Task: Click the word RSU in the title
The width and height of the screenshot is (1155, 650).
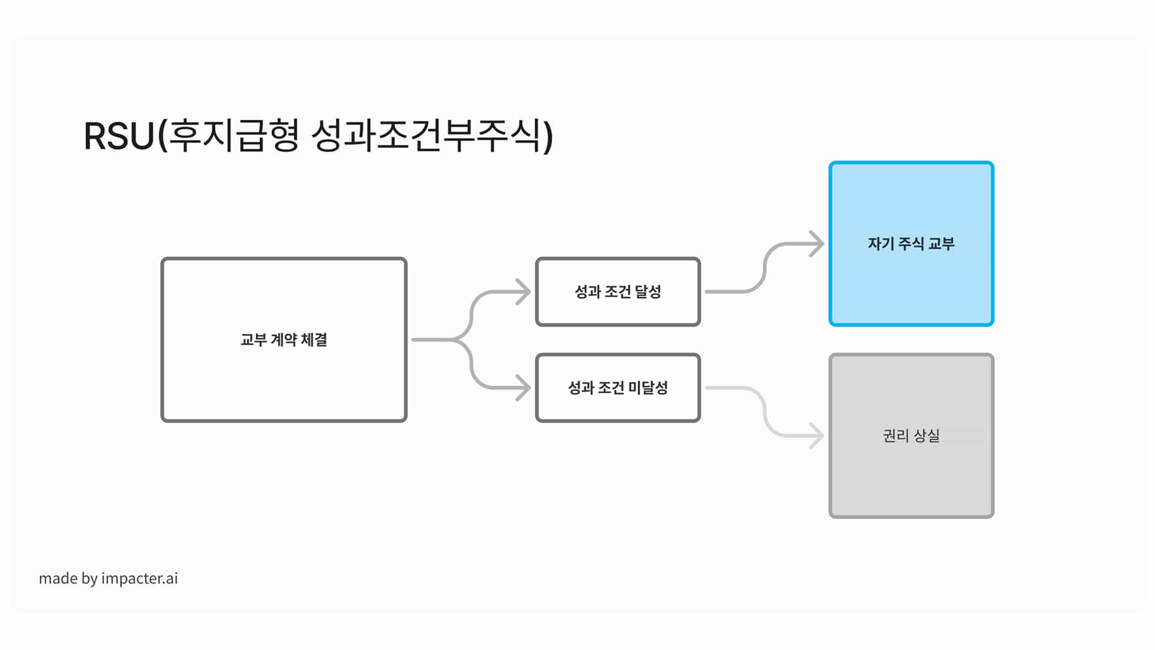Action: coord(119,136)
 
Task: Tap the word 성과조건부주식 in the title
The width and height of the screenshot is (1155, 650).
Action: coord(427,136)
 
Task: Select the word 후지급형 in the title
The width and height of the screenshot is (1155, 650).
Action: coord(233,136)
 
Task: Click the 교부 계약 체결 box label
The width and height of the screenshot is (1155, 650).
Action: coord(284,340)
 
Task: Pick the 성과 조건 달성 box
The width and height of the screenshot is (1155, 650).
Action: coord(618,292)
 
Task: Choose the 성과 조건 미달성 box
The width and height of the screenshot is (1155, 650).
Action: coord(618,388)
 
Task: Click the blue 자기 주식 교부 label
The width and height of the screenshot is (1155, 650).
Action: coord(911,244)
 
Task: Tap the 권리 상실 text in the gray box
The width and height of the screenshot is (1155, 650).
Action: coord(911,436)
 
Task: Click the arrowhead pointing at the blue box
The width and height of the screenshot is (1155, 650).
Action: coord(818,244)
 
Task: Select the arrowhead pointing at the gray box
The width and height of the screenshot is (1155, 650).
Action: coord(818,436)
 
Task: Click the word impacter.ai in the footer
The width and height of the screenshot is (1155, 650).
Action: coord(140,578)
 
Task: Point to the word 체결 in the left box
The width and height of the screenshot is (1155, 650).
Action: coord(314,340)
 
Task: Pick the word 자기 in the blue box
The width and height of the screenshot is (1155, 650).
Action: coord(881,244)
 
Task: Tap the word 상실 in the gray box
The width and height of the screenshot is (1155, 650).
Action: coord(926,436)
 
